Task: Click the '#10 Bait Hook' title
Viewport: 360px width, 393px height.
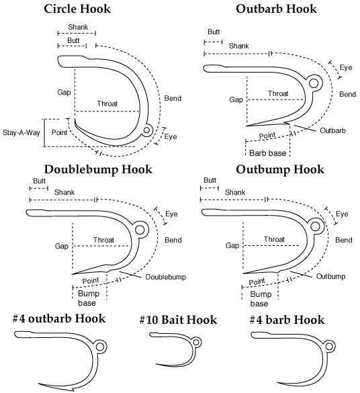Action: coord(178,320)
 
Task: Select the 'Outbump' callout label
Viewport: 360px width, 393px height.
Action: coord(330,276)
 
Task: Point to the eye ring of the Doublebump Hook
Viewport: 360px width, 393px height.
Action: coord(140,230)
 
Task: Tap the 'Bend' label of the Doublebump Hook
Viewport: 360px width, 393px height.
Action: coord(172,240)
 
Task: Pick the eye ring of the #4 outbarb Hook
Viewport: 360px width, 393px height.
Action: coord(101,346)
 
